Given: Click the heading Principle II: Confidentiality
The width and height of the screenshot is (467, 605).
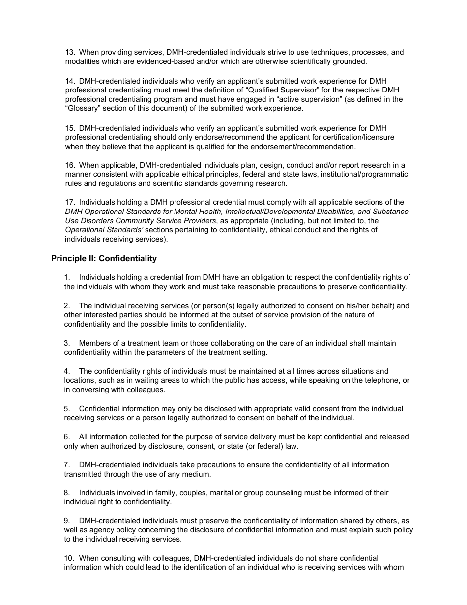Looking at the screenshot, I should [x=104, y=258].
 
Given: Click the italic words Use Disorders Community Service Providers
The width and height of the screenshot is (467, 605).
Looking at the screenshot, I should [x=141, y=221].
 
